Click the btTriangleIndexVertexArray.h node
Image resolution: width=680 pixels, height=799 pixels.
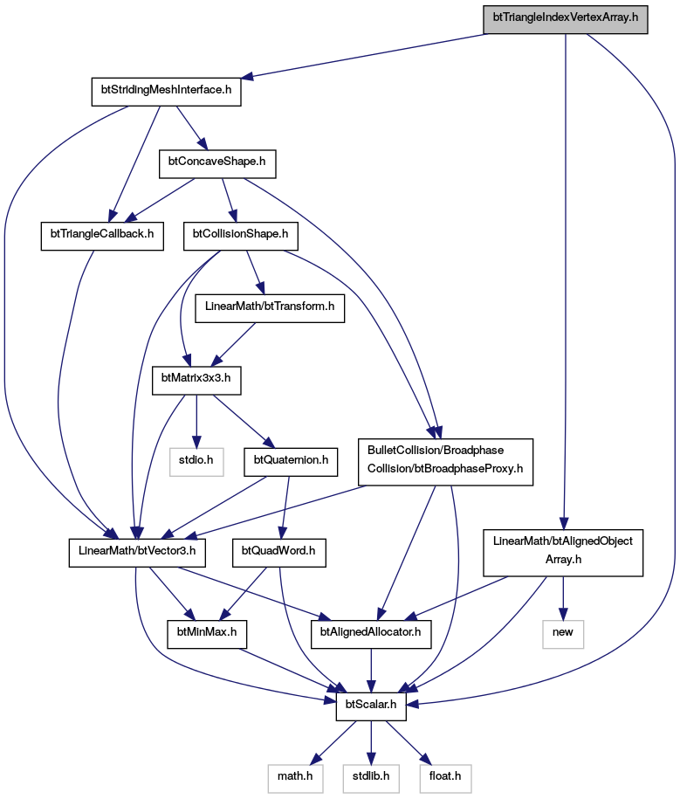point(566,20)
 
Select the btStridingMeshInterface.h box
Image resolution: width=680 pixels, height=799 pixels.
point(166,92)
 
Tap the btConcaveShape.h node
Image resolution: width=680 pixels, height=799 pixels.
point(217,163)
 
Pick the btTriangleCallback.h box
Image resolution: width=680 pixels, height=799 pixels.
point(102,236)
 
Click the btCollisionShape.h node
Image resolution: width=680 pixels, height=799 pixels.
point(240,236)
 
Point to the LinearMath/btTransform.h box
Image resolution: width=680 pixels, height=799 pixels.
point(270,308)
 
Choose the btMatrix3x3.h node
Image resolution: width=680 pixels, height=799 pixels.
point(196,380)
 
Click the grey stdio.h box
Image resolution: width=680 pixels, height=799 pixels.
point(196,462)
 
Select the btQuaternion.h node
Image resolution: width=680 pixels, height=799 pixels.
point(291,462)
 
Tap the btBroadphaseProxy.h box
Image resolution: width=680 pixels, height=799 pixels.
point(445,462)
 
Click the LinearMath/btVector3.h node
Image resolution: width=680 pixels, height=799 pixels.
point(137,553)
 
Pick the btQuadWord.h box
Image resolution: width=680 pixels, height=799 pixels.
point(278,553)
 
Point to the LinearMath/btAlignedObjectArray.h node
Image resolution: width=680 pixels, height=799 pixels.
point(563,553)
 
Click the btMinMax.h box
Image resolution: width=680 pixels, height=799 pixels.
point(207,635)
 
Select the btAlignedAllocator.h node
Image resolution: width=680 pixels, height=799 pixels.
point(371,635)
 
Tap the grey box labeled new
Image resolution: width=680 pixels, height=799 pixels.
point(563,635)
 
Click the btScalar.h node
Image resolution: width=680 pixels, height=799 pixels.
point(371,706)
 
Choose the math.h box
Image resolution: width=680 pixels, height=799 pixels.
point(295,779)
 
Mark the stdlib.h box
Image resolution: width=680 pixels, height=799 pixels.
point(371,779)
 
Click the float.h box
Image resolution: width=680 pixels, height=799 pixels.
point(445,779)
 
